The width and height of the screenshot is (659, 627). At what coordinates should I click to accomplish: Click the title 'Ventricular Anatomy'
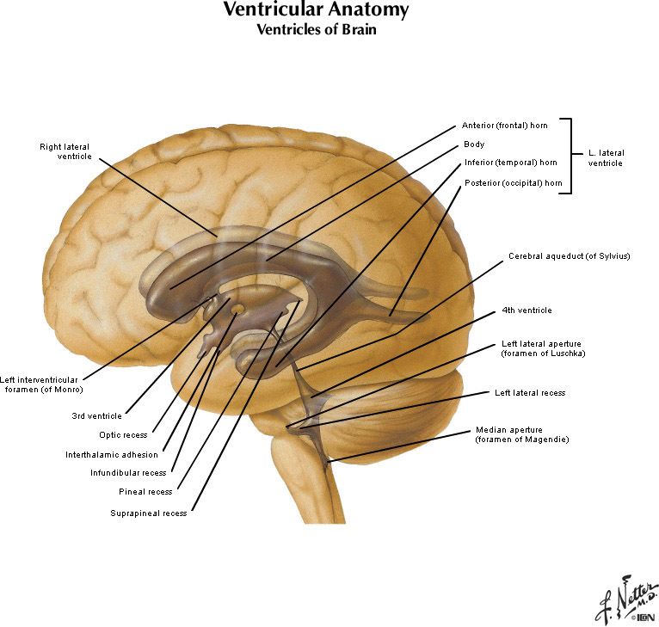(316, 11)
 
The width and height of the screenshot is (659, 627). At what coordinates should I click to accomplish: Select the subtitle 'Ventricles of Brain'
(316, 29)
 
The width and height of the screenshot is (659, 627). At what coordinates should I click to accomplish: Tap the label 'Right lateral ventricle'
(65, 151)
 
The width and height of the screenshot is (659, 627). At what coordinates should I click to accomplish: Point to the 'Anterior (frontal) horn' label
(504, 126)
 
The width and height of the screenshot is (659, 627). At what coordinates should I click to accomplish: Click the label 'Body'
(473, 144)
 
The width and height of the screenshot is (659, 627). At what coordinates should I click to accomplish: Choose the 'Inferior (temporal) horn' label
(510, 163)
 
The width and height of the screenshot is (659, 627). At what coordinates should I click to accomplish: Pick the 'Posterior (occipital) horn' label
(513, 182)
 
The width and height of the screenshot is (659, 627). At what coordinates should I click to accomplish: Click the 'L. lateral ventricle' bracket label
(606, 157)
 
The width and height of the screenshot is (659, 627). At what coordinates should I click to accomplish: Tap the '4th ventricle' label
(527, 310)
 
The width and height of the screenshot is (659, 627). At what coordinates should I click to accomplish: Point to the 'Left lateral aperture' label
(543, 348)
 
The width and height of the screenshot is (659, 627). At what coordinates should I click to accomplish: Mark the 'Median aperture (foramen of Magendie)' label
(522, 434)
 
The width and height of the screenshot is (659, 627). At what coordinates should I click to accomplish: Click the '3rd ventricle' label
(97, 415)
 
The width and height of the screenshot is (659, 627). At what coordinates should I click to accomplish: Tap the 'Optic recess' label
(123, 435)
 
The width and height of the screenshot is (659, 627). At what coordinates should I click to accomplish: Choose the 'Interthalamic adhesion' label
(112, 455)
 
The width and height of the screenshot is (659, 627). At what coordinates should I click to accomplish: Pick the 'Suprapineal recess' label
(148, 513)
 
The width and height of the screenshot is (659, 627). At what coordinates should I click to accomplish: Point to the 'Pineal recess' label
(145, 492)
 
